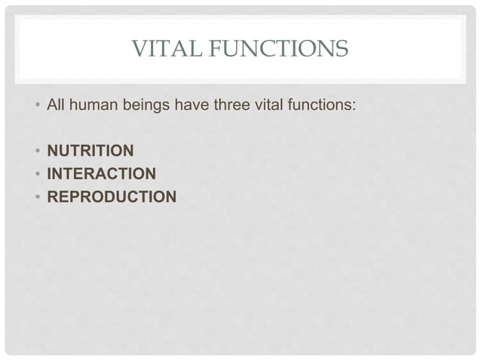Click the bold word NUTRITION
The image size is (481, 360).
coord(90,151)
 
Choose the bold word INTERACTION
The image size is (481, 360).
coord(102,174)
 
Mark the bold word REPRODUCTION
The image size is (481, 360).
coord(112,197)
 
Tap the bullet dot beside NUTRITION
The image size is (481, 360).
coord(38,151)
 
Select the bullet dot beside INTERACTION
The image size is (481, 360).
coord(38,175)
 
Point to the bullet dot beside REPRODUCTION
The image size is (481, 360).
coord(38,198)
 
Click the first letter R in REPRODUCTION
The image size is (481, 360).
coord(53,197)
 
